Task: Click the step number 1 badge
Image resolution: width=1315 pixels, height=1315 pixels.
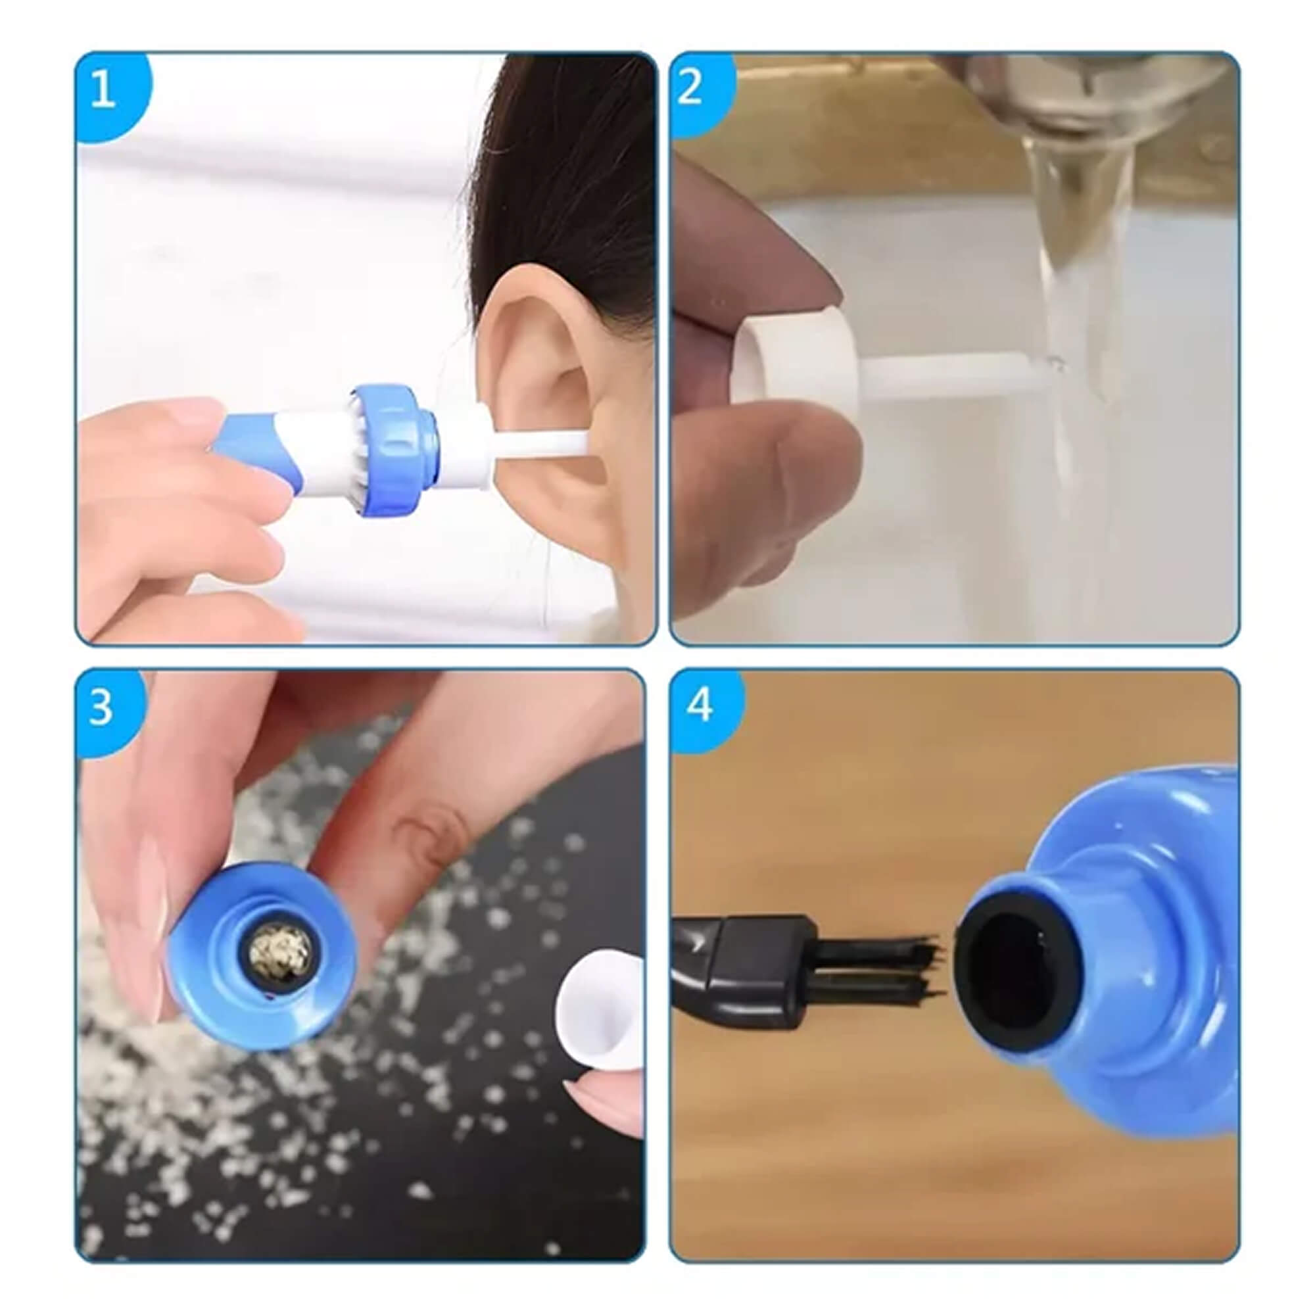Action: [103, 90]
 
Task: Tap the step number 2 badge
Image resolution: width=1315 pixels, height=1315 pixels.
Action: [690, 89]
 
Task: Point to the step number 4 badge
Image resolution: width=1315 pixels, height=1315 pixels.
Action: [700, 705]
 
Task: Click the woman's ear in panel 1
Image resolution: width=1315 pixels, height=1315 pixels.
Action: [544, 381]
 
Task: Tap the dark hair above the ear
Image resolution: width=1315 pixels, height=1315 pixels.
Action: [565, 170]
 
